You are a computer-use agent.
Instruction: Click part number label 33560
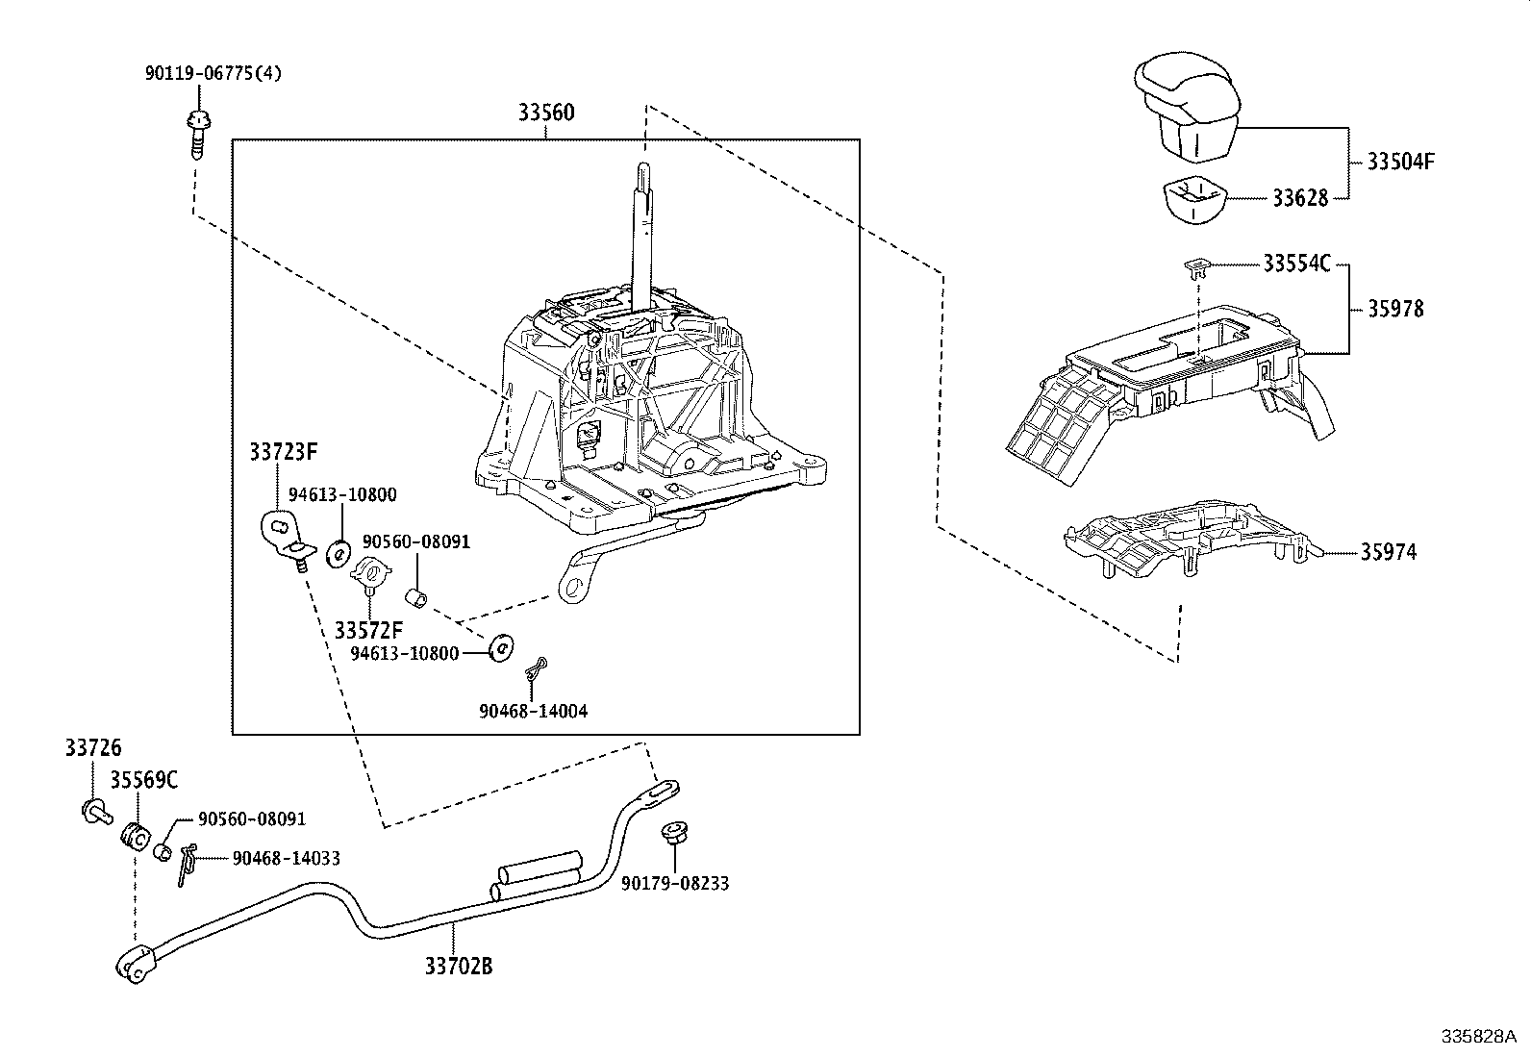[546, 113]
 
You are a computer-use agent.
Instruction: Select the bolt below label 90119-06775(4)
[198, 133]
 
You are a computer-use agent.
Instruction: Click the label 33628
[1300, 198]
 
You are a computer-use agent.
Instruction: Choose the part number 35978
[1395, 309]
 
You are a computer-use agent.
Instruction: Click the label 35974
[1388, 552]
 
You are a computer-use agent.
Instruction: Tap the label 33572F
[369, 630]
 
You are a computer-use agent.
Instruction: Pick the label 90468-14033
[287, 859]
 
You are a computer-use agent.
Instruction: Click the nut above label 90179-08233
[673, 833]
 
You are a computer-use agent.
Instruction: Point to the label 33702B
[459, 966]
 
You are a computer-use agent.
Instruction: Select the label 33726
[93, 748]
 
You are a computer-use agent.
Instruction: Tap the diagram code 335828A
[1477, 1036]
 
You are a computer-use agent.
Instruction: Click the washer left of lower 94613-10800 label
[500, 648]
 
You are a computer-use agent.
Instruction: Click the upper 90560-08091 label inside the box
[415, 541]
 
